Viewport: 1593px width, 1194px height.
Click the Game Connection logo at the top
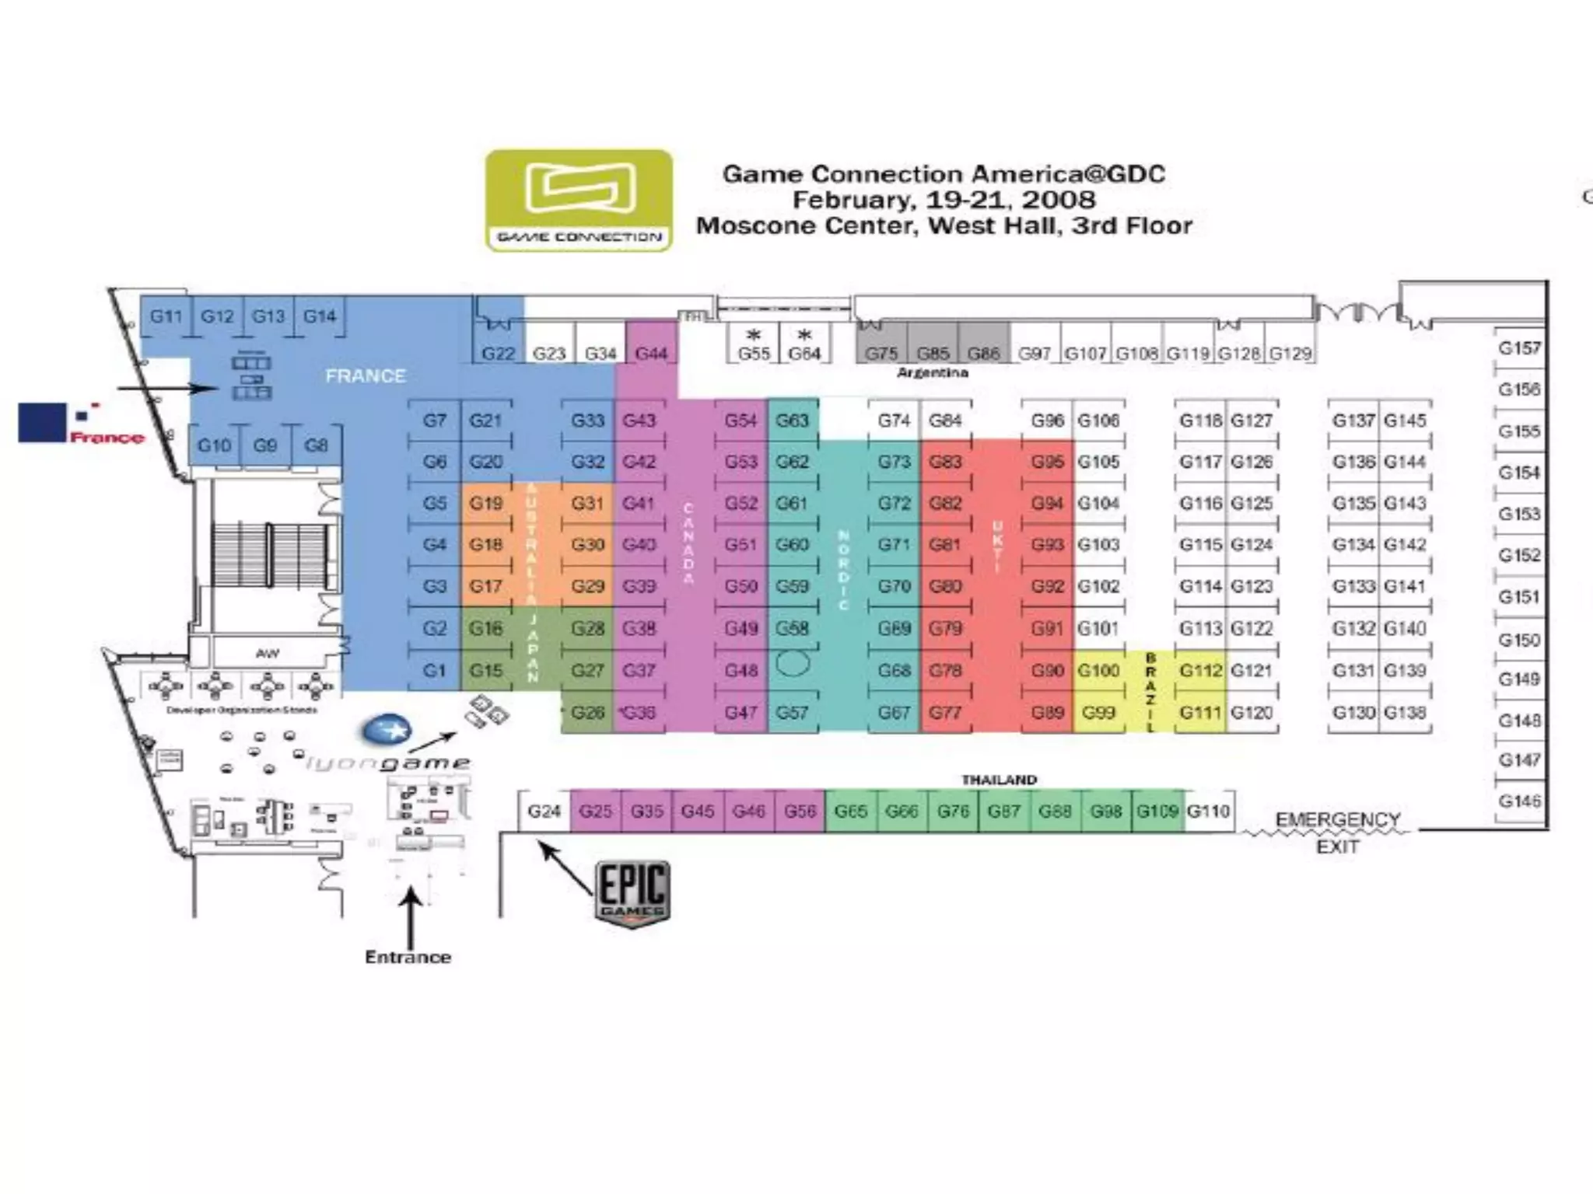[x=579, y=201]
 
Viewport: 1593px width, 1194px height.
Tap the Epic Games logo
[x=633, y=893]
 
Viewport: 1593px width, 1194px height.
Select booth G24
[x=544, y=812]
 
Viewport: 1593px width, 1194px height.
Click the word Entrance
[x=408, y=957]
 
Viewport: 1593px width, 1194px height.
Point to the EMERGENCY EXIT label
[x=1337, y=833]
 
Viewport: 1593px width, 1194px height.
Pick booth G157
[x=1519, y=348]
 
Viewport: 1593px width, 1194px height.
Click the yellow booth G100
[x=1098, y=670]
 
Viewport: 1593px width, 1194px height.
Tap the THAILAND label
[x=999, y=780]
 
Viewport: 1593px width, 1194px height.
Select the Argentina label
[x=932, y=373]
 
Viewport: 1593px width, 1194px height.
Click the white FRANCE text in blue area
[x=366, y=376]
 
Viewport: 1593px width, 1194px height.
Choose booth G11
[x=166, y=316]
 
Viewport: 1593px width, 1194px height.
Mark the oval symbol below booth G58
[x=792, y=664]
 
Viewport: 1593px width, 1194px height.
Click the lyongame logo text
[x=387, y=763]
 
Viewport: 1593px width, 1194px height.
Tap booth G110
[x=1208, y=812]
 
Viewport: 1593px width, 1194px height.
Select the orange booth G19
[x=486, y=504]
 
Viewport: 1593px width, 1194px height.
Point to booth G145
[x=1405, y=421]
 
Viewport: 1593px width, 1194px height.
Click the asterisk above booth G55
[x=753, y=335]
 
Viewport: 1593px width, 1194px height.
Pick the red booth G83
[x=945, y=462]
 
